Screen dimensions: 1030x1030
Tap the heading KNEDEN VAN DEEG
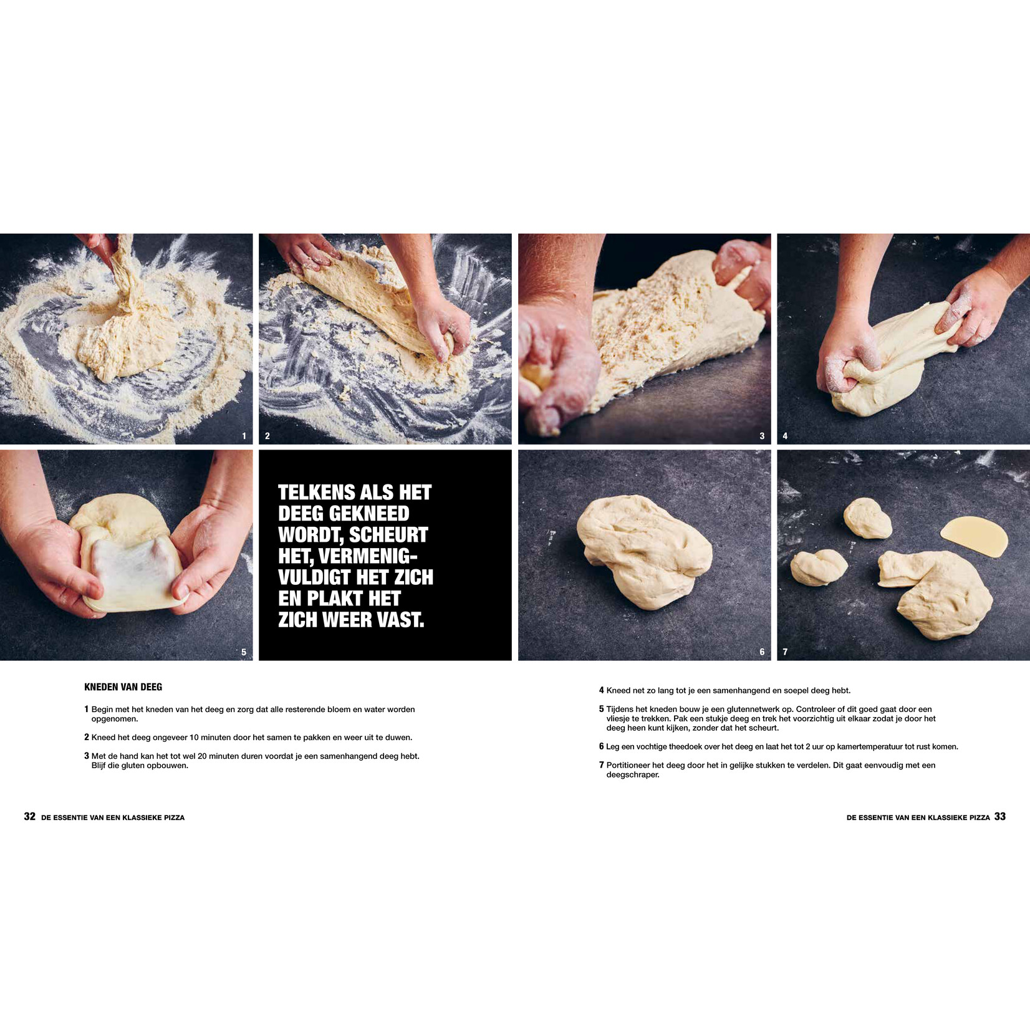point(123,687)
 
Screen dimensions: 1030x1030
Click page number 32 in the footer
point(29,817)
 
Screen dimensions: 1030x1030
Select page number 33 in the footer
point(1000,817)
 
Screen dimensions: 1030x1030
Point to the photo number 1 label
point(244,436)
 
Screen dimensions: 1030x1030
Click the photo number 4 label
point(785,436)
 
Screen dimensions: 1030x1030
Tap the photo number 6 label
point(762,652)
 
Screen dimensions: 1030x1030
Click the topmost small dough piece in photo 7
point(867,518)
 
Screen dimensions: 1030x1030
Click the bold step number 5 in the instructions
point(602,709)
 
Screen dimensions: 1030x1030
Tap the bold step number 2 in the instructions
point(87,737)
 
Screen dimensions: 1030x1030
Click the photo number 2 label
point(267,436)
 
